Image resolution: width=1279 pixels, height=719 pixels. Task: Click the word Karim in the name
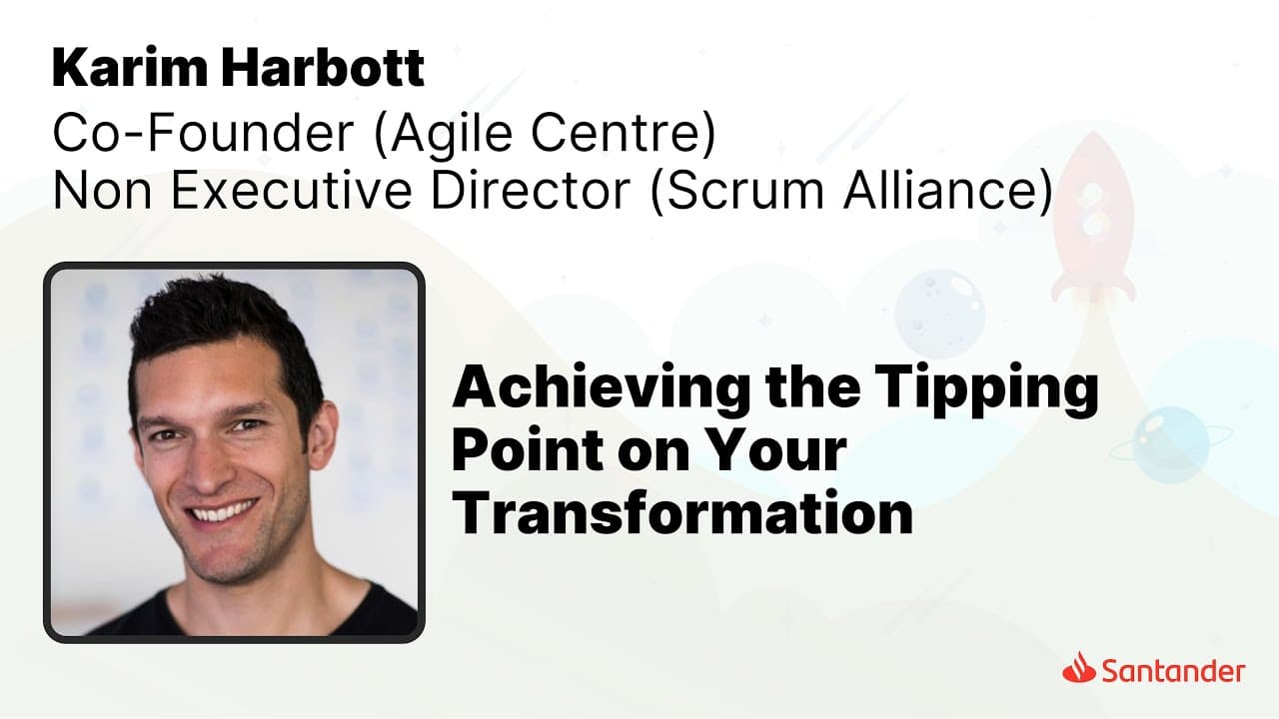click(130, 69)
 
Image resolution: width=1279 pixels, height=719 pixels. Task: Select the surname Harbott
click(323, 69)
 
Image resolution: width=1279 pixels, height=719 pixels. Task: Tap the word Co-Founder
click(203, 133)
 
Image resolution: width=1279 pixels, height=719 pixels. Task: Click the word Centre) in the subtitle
click(623, 134)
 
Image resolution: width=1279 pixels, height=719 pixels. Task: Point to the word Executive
click(291, 190)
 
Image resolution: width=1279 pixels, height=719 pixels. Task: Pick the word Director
click(530, 190)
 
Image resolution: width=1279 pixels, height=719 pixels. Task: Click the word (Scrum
click(737, 191)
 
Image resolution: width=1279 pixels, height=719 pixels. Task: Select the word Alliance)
click(948, 191)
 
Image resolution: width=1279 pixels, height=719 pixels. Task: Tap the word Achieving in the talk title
click(601, 389)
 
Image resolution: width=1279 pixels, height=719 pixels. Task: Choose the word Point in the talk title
click(529, 449)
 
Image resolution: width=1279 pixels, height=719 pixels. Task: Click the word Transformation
click(682, 511)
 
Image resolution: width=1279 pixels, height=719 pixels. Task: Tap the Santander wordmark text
click(1173, 671)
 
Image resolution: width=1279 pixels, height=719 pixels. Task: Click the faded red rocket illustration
click(1093, 217)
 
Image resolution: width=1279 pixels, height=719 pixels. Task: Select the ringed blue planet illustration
click(1170, 444)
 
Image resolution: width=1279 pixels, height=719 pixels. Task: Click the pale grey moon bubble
click(939, 314)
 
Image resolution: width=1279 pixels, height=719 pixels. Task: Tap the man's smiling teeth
click(225, 510)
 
